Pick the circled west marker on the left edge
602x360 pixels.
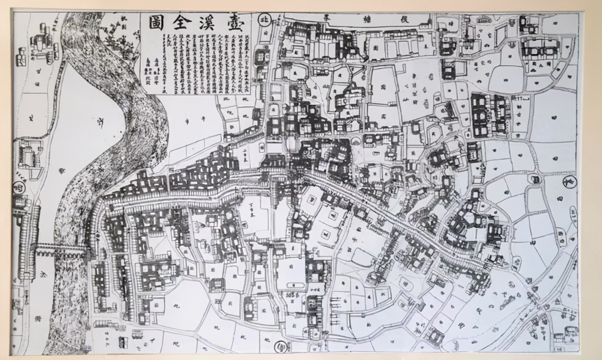tap(20, 185)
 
